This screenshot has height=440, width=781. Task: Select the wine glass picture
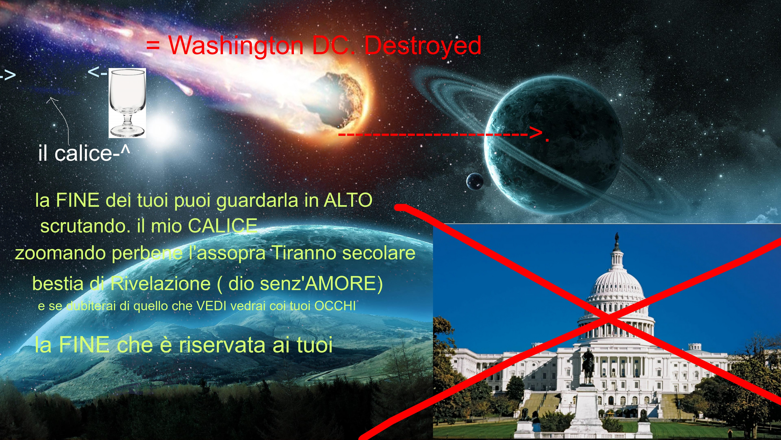[x=127, y=103]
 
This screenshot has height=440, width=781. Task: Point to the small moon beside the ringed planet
[x=475, y=181]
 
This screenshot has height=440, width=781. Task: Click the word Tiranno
[x=304, y=253]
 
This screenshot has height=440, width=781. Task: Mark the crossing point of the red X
[x=608, y=318]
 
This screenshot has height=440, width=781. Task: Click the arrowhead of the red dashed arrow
[x=536, y=133]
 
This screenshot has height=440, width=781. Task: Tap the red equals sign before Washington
[x=153, y=46]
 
